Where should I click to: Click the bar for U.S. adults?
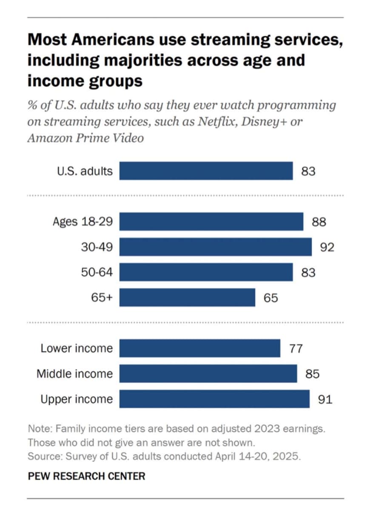coord(206,171)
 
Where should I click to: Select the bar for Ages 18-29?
coord(211,221)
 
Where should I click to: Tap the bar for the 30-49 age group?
coord(215,247)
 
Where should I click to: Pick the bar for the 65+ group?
coord(187,297)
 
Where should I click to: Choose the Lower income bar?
coord(200,348)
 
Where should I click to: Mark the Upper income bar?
coord(214,399)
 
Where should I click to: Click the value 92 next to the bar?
coord(327,247)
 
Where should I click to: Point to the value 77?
coord(296,349)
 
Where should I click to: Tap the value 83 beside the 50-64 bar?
coord(308,273)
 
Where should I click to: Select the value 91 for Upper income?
coord(325,399)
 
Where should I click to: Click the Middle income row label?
coord(75,374)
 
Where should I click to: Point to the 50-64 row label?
coord(97,272)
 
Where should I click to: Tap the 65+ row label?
coord(102,297)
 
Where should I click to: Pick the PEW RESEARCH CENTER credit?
coord(86,476)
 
